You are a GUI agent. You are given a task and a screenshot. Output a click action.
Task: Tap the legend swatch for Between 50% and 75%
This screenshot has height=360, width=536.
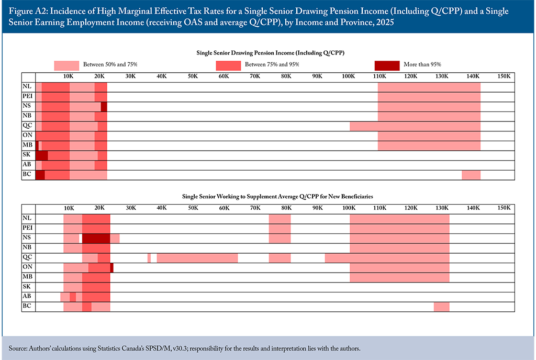(x=66, y=65)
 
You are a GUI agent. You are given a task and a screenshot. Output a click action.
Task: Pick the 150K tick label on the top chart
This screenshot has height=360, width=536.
(x=504, y=76)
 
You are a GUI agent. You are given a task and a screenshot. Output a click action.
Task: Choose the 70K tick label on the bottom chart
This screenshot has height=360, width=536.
(x=255, y=208)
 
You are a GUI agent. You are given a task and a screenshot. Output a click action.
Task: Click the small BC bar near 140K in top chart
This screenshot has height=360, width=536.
(x=471, y=175)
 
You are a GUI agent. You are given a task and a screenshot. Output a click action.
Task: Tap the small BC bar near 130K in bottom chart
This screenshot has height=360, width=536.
(x=441, y=307)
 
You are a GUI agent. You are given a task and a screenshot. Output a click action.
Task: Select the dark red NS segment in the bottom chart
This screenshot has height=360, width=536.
(x=96, y=238)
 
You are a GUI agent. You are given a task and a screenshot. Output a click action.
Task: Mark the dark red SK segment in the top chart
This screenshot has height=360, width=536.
(x=42, y=155)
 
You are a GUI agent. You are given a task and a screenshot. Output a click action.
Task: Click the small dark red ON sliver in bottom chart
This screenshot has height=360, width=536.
(x=112, y=267)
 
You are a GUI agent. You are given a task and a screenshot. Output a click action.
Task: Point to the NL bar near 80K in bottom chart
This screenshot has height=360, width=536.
(x=280, y=219)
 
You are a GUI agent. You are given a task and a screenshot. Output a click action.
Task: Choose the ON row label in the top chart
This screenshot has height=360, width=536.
(x=27, y=136)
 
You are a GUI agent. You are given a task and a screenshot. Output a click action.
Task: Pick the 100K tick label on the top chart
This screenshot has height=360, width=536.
(x=348, y=76)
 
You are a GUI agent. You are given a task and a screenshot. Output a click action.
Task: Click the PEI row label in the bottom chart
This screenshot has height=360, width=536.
(x=27, y=228)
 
